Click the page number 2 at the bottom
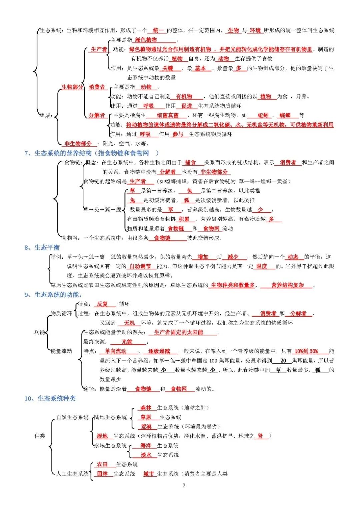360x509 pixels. [184, 485]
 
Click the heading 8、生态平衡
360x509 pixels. [42, 247]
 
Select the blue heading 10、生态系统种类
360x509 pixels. [50, 398]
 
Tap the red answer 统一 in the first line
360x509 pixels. [158, 30]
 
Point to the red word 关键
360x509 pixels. [168, 68]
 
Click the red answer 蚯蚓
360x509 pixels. [263, 115]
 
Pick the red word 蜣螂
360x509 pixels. [285, 115]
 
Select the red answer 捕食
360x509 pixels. [190, 162]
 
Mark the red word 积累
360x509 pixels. [184, 219]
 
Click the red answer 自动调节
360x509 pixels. [140, 266]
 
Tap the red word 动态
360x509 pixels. [293, 257]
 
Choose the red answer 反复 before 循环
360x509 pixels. [102, 304]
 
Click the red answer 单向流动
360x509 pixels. [116, 351]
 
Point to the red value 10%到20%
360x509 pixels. [306, 351]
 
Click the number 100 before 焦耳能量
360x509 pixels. [213, 361]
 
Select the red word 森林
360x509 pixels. [146, 408]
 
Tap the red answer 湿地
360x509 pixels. [102, 436]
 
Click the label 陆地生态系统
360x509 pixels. [111, 417]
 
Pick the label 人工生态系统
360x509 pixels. [72, 474]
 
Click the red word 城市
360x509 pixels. [149, 474]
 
